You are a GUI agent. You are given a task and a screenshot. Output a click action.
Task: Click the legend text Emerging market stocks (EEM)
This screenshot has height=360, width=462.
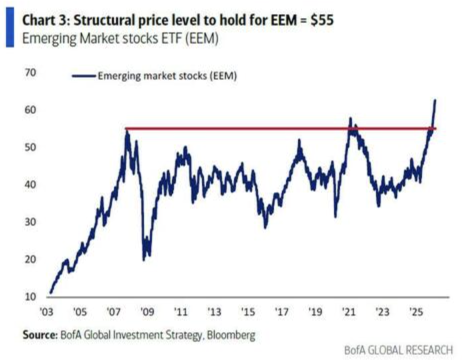167,76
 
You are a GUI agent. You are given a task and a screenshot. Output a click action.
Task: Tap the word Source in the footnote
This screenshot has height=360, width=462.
39,334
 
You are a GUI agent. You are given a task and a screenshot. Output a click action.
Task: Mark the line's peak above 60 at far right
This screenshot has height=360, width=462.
435,100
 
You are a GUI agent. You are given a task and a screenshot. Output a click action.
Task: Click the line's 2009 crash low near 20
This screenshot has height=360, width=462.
144,259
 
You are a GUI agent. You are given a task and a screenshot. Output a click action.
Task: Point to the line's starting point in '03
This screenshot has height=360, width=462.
50,293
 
